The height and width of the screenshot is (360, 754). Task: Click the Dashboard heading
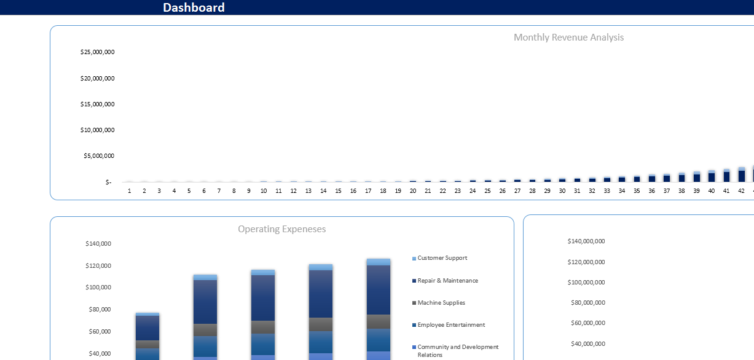pyautogui.click(x=194, y=7)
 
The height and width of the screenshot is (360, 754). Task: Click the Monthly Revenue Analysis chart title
pyautogui.click(x=568, y=37)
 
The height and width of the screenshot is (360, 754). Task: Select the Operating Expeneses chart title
pyautogui.click(x=281, y=229)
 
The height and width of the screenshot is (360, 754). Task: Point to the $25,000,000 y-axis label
pyautogui.click(x=97, y=52)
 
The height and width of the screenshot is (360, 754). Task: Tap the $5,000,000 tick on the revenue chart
pyautogui.click(x=99, y=156)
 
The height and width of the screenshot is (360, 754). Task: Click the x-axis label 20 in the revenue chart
pyautogui.click(x=413, y=191)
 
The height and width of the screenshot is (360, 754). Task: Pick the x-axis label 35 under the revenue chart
pyautogui.click(x=637, y=191)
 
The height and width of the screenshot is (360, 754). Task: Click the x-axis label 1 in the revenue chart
pyautogui.click(x=130, y=191)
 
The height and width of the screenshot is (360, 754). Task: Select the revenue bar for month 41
pyautogui.click(x=726, y=176)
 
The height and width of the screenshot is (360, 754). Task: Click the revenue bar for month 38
pyautogui.click(x=681, y=178)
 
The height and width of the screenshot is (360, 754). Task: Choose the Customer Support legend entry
pyautogui.click(x=442, y=258)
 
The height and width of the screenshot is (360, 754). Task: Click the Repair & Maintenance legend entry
pyautogui.click(x=447, y=281)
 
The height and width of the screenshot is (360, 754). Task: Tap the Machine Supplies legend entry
pyautogui.click(x=441, y=303)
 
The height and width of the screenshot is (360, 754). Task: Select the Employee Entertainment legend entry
pyautogui.click(x=451, y=325)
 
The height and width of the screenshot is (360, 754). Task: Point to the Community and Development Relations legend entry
pyautogui.click(x=458, y=351)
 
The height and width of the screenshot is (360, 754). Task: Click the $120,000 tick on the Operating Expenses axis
pyautogui.click(x=98, y=266)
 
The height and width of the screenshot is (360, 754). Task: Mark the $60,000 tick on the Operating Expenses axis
pyautogui.click(x=100, y=332)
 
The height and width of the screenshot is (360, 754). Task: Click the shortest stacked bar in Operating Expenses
pyautogui.click(x=147, y=335)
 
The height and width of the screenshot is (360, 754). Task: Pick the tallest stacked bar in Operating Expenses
pyautogui.click(x=379, y=307)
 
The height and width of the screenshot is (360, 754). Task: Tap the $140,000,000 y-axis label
pyautogui.click(x=586, y=241)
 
